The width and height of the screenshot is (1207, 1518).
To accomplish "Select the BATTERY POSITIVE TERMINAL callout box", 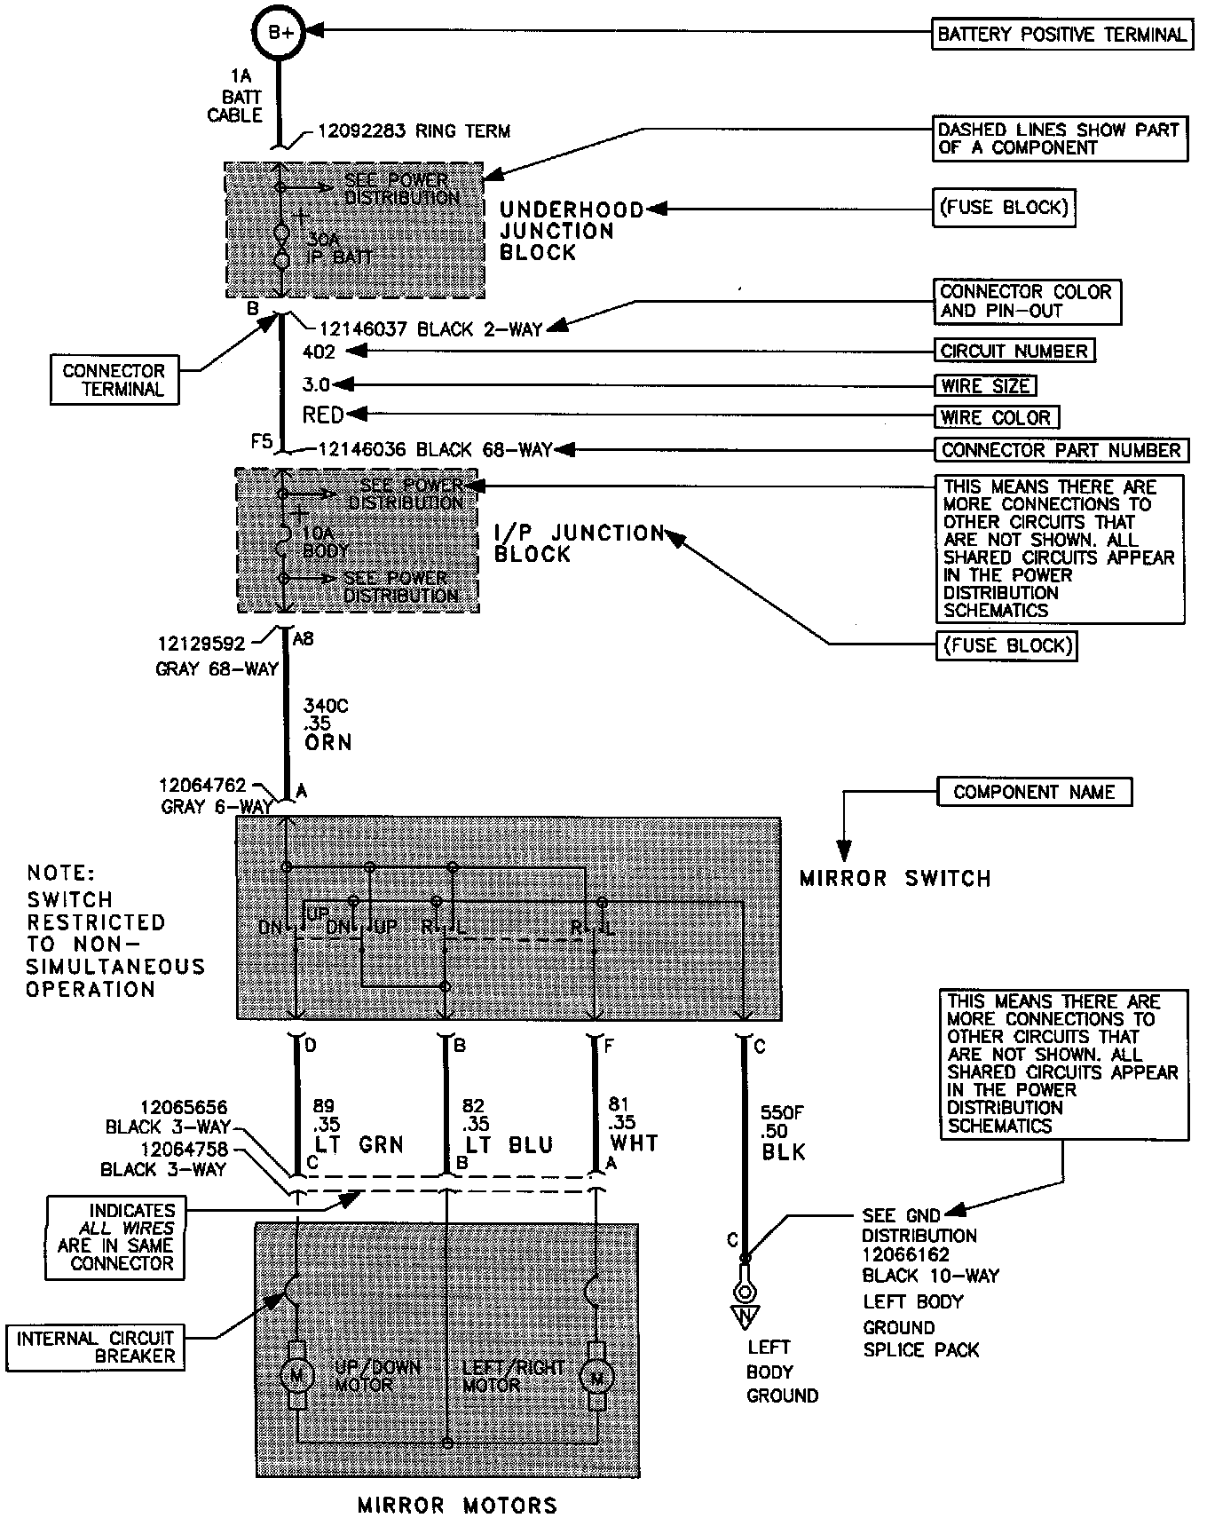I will pos(1061,35).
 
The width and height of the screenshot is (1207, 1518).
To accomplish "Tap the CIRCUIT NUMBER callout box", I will pos(1014,351).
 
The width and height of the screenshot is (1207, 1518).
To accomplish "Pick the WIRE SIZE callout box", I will pos(985,385).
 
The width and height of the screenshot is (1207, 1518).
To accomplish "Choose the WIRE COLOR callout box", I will pos(997,416).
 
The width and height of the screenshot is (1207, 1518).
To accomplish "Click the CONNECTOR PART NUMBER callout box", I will pos(1061,450).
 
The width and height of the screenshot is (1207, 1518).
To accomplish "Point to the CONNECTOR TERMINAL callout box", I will pos(114,380).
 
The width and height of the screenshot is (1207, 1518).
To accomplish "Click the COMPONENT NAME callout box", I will pos(1034,792).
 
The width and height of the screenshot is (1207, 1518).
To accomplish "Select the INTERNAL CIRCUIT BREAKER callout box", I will pos(96,1347).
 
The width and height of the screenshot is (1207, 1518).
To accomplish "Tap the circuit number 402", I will pos(319,352).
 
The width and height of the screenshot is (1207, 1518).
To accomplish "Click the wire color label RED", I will pos(322,415).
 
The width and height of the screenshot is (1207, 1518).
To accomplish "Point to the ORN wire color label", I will pos(327,742).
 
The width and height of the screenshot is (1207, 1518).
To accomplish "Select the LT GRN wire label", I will pos(359,1145).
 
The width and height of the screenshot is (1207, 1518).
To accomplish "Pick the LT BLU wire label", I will pos(509,1145).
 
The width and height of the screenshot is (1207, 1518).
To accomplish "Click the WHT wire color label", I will pos(634,1142).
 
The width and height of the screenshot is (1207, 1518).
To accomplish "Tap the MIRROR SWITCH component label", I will pos(895,879).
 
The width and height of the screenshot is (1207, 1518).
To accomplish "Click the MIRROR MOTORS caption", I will pos(457,1505).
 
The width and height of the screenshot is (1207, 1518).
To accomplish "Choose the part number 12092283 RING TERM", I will pos(414,131).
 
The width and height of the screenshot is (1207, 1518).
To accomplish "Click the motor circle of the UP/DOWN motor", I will pos(296,1376).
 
